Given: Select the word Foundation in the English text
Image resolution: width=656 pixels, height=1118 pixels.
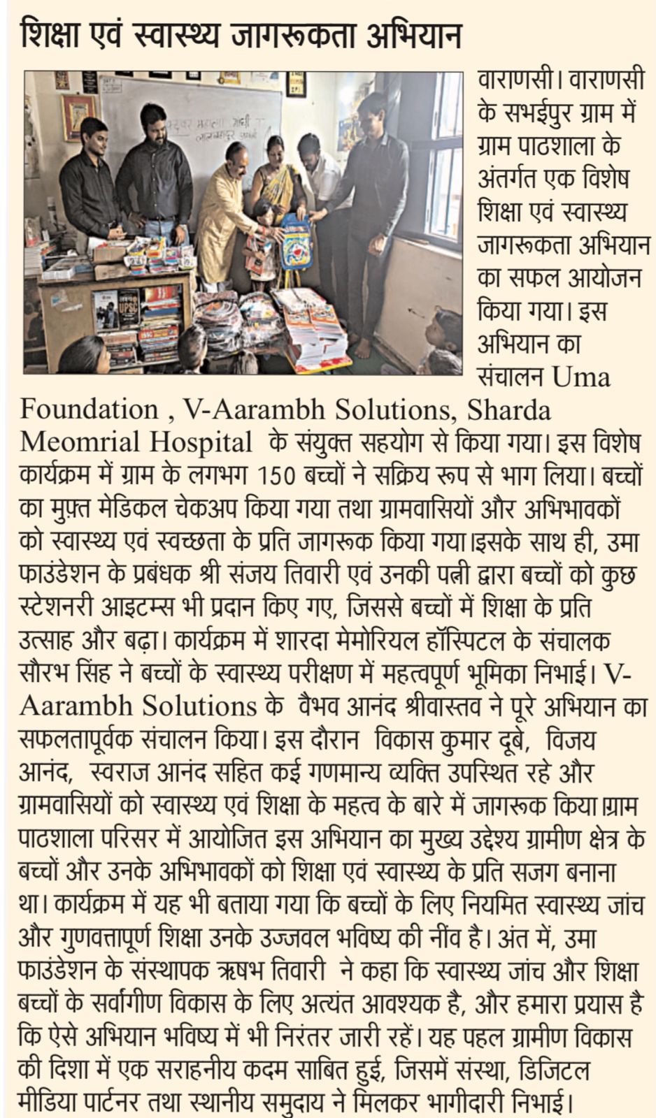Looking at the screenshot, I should pos(89,409).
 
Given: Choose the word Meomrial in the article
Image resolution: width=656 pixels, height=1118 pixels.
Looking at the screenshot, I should pos(76,442).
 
